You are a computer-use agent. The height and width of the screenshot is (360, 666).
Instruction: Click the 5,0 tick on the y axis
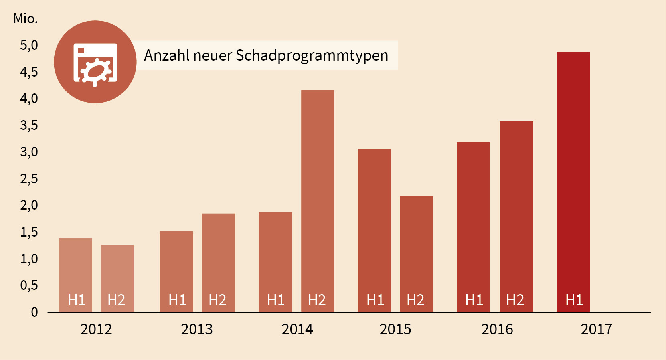[x=29, y=45]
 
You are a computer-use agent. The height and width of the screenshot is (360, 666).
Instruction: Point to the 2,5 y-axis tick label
[x=29, y=179]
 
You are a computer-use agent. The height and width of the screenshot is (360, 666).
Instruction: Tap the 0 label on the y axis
[x=34, y=312]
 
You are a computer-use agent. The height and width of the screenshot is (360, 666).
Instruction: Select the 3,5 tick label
[x=29, y=125]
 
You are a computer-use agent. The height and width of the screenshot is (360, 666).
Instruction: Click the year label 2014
[x=297, y=330]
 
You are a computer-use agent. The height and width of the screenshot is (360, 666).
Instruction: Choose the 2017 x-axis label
[x=596, y=330]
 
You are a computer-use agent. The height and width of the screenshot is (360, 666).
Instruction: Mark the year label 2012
[x=96, y=330]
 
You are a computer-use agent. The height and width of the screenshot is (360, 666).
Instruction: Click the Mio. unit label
[x=25, y=18]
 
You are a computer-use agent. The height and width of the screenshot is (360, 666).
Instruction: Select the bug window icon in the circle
[x=95, y=63]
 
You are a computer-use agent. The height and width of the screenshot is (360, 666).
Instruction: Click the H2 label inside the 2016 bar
[x=515, y=300]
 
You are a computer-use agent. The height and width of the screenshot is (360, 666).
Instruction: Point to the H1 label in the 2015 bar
[x=375, y=300]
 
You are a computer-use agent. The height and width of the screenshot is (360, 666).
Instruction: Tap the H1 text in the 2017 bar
[x=574, y=300]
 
